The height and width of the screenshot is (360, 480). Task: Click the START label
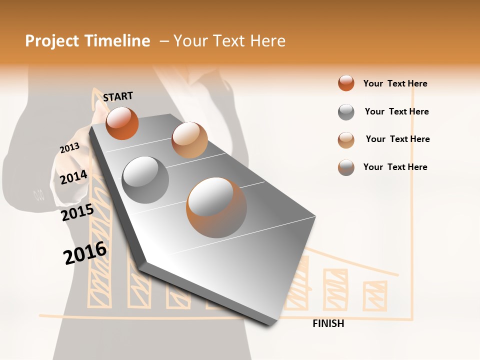coord(118,96)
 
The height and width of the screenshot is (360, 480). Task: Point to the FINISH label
coord(328,323)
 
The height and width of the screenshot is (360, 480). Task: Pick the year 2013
coord(69,148)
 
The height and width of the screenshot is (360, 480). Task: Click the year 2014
coord(73,177)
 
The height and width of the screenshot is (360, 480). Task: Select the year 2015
coord(77,213)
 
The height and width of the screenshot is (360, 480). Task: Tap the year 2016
coord(85,253)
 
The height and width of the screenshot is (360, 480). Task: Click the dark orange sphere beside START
coord(122,123)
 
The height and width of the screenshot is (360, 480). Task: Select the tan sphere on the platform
coord(189,140)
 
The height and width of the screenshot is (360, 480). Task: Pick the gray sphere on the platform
coord(145,180)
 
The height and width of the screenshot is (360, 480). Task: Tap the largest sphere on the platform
coord(216,207)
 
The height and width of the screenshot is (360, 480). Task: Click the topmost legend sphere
coord(346,83)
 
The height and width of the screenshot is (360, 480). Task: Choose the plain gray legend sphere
coord(346,112)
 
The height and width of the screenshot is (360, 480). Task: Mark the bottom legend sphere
coord(346,167)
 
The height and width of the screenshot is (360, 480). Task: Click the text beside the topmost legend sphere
coord(395,83)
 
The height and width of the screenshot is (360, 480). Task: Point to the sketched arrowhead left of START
coord(94,97)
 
